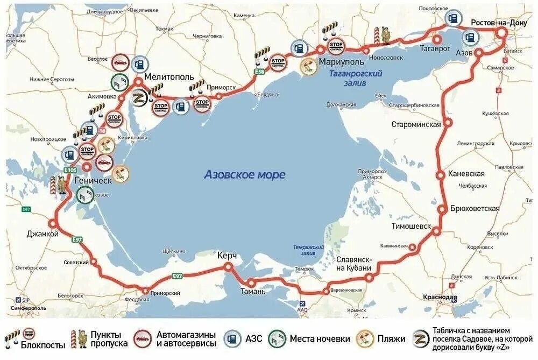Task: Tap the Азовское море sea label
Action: (x=245, y=175)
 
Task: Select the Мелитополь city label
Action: (x=168, y=76)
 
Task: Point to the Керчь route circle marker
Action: (x=229, y=266)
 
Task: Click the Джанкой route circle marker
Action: (x=53, y=224)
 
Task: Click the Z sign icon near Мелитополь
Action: (x=137, y=98)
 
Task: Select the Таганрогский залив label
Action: (x=356, y=78)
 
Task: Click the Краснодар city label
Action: (x=440, y=298)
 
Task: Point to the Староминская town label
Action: (x=416, y=124)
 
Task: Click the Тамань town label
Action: (x=252, y=291)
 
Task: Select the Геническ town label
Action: (x=94, y=180)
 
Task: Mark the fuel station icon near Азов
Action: (x=470, y=38)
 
